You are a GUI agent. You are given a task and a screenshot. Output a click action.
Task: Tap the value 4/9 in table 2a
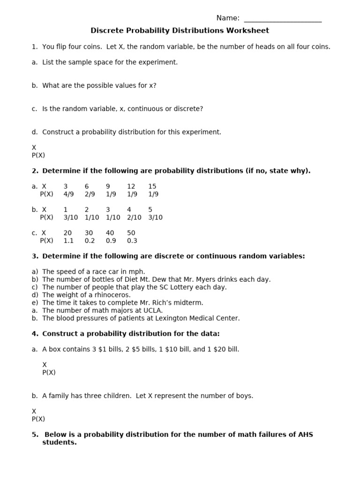point(68,194)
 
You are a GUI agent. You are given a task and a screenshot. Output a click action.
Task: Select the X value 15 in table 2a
point(152,187)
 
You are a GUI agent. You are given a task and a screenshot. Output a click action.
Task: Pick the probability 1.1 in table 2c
point(68,240)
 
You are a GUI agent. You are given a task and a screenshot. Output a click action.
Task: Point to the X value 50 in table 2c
point(131,233)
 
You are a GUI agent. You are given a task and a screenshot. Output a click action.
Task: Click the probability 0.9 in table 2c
point(111,240)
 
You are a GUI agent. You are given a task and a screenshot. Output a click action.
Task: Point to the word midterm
point(188,303)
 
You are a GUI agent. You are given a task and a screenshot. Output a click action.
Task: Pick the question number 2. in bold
point(35,171)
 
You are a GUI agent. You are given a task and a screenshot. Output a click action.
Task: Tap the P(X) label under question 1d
point(38,155)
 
